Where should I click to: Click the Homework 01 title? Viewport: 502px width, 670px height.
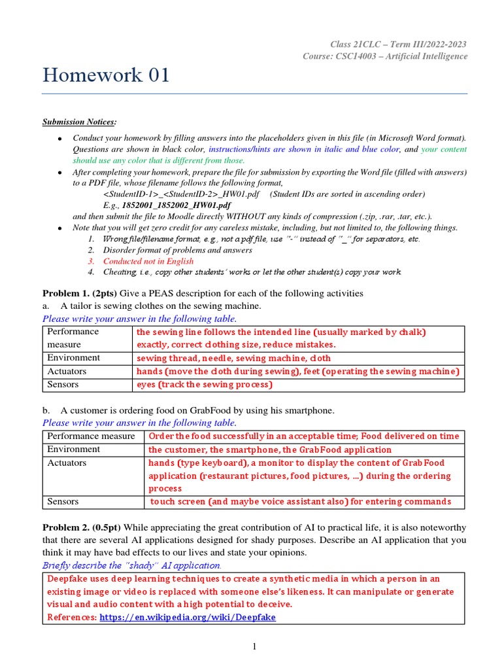pos(106,75)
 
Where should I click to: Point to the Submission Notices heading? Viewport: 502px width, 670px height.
pos(80,122)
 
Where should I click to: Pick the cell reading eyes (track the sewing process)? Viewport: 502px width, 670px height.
pos(204,385)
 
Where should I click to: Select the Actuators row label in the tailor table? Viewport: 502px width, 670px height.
pos(67,371)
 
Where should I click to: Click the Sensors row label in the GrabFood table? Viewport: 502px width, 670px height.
pos(63,501)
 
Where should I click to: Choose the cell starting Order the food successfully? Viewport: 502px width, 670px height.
pos(304,436)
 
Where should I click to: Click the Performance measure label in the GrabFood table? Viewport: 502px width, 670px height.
pos(91,436)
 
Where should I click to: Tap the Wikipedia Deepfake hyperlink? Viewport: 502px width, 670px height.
pos(187,617)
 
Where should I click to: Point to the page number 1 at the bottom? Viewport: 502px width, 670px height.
pos(254,647)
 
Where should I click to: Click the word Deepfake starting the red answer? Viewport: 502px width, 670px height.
pos(68,578)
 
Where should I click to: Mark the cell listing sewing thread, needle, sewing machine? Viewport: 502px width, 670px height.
pos(233,359)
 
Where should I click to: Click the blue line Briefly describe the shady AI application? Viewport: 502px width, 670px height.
pos(132,565)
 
